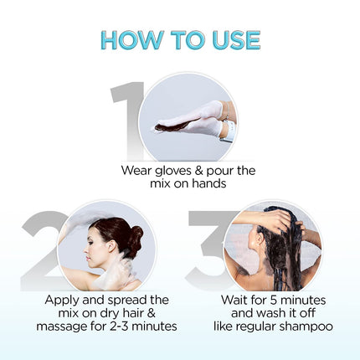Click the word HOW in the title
click(x=128, y=39)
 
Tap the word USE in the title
click(x=231, y=39)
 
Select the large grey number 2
click(x=42, y=251)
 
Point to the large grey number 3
click(x=209, y=251)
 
